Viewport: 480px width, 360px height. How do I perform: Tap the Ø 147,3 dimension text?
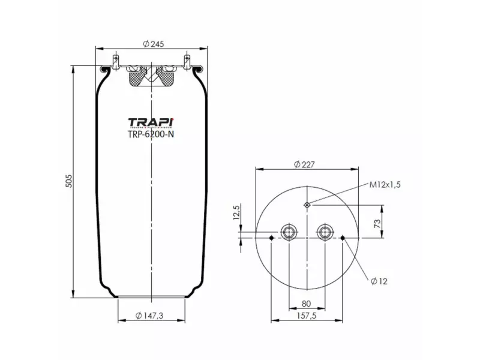click(150, 316)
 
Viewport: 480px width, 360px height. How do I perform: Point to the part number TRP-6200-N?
click(151, 134)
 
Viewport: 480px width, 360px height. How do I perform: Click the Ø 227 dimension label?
click(305, 164)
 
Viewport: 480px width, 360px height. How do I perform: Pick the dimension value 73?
click(377, 223)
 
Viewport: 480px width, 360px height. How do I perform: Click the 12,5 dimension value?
click(235, 214)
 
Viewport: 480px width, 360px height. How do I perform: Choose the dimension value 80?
click(307, 304)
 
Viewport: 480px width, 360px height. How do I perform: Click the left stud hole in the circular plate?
click(289, 232)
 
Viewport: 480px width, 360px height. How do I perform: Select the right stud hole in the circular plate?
click(325, 232)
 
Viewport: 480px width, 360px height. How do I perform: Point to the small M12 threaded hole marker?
click(307, 205)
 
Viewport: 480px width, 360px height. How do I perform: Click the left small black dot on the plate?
click(272, 239)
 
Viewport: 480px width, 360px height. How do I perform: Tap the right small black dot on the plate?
click(343, 239)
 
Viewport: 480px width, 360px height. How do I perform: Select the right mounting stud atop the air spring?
click(187, 62)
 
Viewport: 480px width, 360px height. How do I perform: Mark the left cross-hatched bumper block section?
click(137, 77)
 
